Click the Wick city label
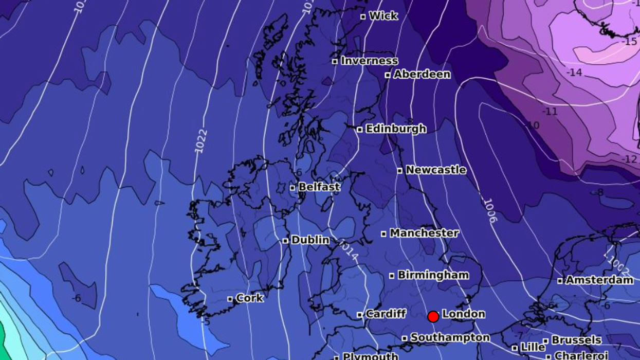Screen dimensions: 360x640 (x=383, y=16)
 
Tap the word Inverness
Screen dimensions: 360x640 (x=369, y=61)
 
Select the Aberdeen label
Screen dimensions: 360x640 (x=422, y=74)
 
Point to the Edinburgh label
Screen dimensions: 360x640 (x=395, y=129)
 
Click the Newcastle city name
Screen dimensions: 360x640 (x=435, y=170)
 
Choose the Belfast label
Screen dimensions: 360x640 (x=319, y=187)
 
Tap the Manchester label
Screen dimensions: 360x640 (x=424, y=233)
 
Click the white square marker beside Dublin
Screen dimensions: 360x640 (x=285, y=241)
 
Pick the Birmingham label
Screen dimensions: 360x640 (x=433, y=275)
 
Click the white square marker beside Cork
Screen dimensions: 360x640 (x=230, y=299)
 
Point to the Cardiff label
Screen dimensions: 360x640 (x=385, y=314)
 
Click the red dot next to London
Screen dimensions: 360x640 (x=433, y=316)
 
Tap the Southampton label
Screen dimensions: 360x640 (x=450, y=337)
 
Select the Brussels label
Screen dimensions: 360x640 (x=576, y=340)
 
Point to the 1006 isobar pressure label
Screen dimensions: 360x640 (x=490, y=211)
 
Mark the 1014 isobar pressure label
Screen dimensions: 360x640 (x=349, y=251)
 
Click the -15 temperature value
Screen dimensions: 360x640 (x=631, y=42)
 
